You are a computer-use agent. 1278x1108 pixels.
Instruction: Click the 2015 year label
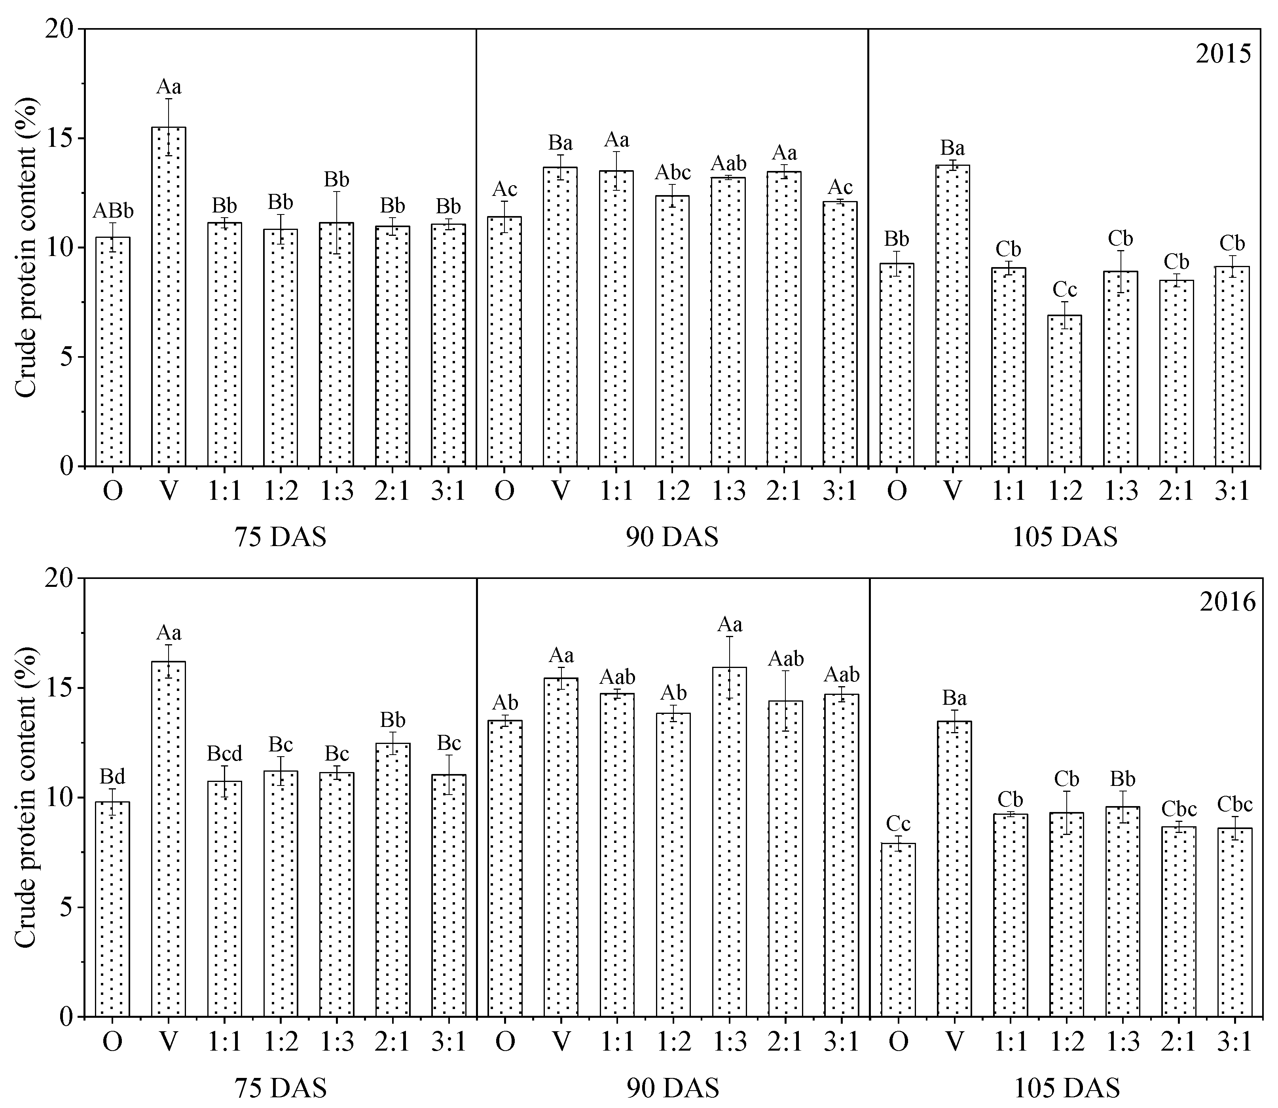coord(1223,55)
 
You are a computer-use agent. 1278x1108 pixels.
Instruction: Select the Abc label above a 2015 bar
coord(673,173)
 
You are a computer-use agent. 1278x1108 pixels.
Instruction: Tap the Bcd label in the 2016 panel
coord(224,754)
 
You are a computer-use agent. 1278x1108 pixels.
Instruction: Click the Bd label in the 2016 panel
coord(112,776)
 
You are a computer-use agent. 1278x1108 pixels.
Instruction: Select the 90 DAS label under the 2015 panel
coord(672,537)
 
